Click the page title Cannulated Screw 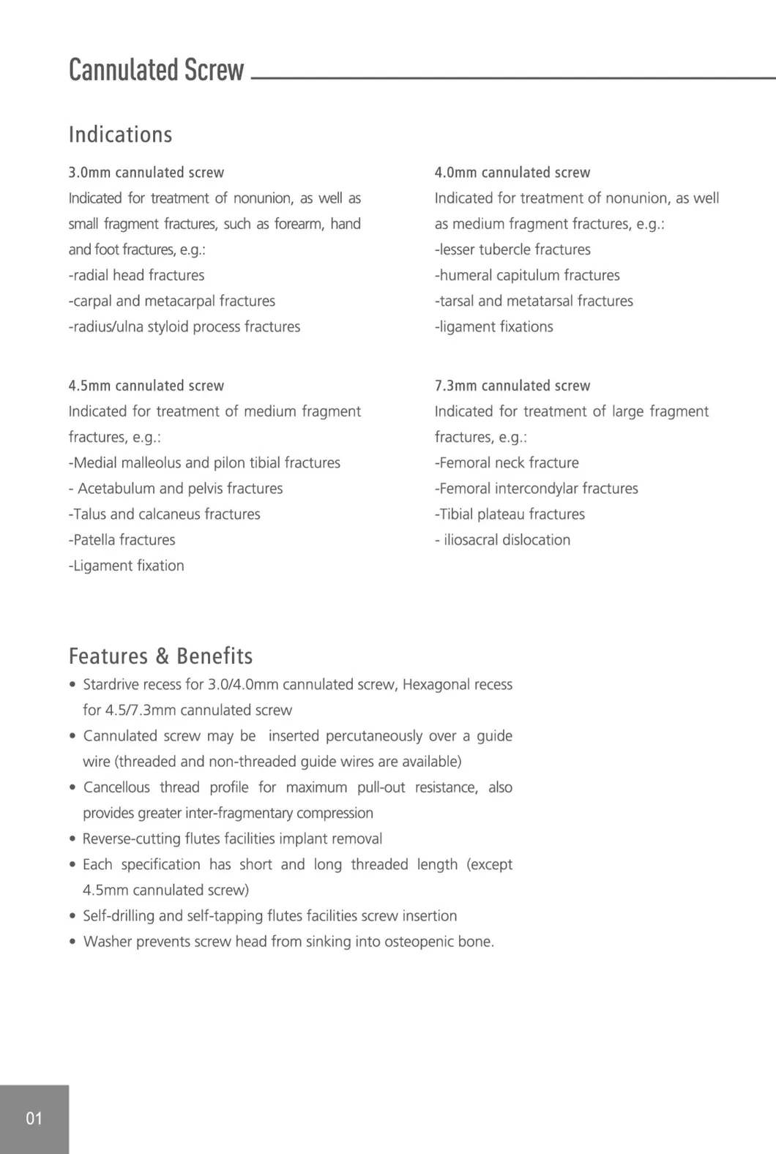[156, 70]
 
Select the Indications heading [120, 135]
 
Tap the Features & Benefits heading [160, 656]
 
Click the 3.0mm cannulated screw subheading [146, 173]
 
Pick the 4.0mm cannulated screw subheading [512, 173]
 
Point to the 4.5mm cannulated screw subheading [146, 386]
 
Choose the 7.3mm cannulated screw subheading [512, 386]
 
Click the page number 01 [34, 1118]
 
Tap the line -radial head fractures [137, 275]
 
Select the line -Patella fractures [122, 540]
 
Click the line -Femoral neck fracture [507, 462]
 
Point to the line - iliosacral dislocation [503, 540]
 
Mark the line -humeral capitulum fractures [527, 275]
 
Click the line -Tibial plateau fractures [510, 514]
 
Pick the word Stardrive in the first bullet [111, 685]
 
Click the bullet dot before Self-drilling [72, 916]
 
